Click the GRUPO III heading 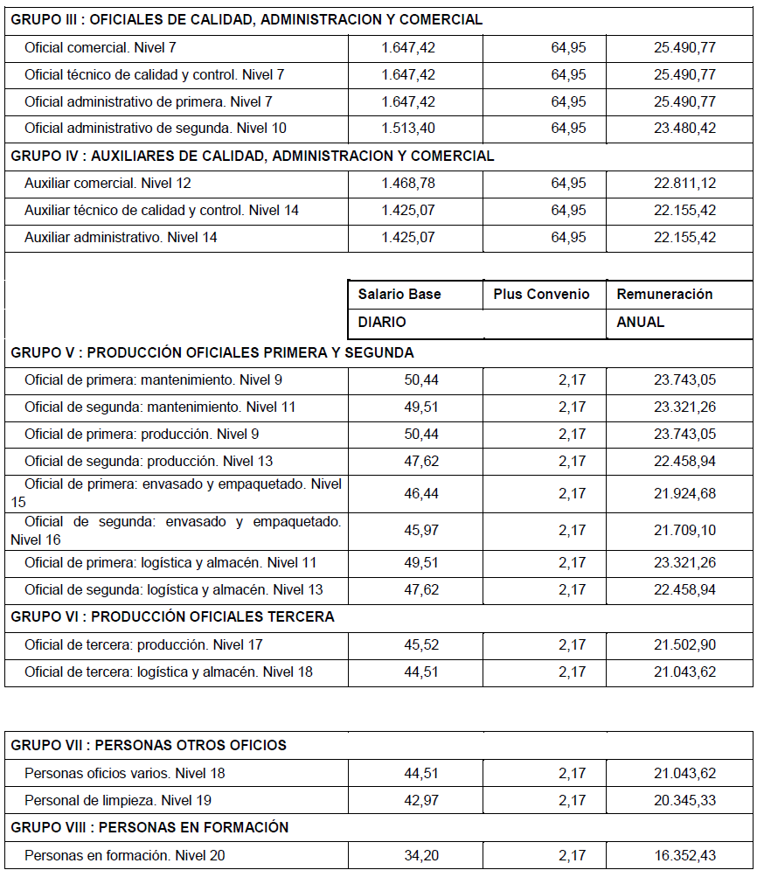(246, 19)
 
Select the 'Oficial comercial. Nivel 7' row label (101, 47)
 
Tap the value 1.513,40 (408, 129)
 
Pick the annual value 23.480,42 (684, 129)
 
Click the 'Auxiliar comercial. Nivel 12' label (108, 184)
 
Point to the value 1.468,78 (408, 184)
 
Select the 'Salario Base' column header (399, 294)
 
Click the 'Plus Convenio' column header (541, 294)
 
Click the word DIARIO (382, 322)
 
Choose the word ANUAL (641, 322)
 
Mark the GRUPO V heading (212, 352)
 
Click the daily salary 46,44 (421, 493)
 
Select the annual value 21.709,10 (684, 530)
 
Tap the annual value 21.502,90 (684, 644)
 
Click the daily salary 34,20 (421, 855)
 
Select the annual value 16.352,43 (684, 855)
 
